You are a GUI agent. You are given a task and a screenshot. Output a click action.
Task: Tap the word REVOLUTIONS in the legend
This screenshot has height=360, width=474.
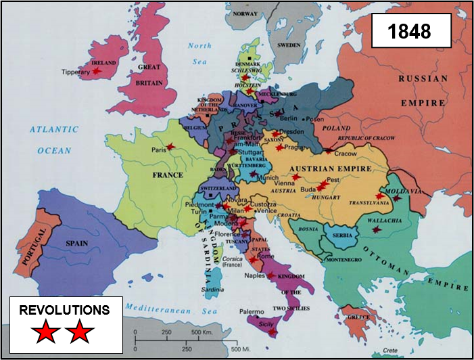[64, 311]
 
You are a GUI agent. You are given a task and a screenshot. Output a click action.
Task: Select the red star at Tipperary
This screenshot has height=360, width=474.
[97, 70]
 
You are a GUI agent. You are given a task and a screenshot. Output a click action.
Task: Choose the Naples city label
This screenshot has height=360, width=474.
[254, 277]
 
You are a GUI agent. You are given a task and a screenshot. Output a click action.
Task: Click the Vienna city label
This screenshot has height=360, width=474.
[284, 183]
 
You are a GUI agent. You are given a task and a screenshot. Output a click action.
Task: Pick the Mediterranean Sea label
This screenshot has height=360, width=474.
[174, 310]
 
